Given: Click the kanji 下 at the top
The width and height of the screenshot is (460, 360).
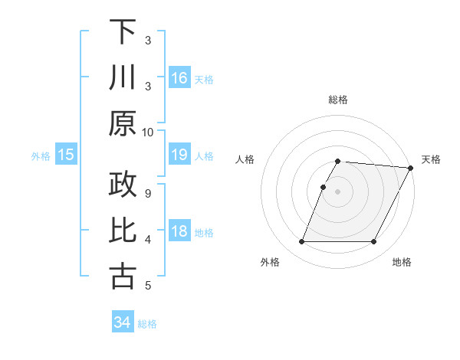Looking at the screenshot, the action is pos(123,33).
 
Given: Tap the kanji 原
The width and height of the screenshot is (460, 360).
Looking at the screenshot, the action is pos(123,123).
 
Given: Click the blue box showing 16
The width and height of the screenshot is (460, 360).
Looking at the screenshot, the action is pos(179,77).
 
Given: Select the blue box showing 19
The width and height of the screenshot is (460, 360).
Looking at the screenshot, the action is pos(179,155).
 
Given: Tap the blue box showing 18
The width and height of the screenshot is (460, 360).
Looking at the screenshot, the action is pos(179,232).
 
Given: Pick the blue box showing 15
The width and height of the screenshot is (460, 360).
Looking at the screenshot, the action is pos(66,155).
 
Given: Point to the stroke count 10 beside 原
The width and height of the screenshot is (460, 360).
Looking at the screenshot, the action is pos(148,132).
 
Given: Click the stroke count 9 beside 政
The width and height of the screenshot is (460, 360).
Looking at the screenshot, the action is pos(148,193).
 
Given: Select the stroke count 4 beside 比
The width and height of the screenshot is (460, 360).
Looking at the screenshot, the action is pos(148,240).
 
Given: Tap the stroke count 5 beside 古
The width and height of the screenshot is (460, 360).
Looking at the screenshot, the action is pos(148,286).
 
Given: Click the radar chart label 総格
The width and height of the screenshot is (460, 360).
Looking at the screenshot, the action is pos(338,100).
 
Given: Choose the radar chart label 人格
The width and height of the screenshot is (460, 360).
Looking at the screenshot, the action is pos(245,159).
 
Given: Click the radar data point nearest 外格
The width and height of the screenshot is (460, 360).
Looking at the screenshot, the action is pos(301,242).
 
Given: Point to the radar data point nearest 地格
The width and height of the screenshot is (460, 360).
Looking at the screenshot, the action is pos(374,242).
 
